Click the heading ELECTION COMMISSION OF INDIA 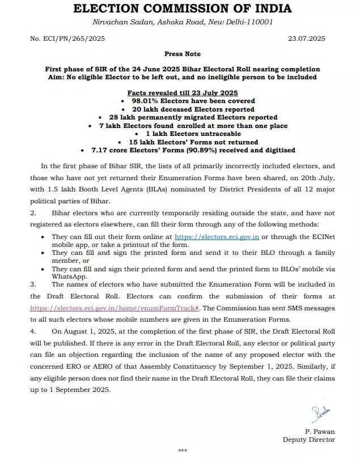click(182, 8)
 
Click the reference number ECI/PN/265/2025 click(67, 39)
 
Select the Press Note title click(182, 54)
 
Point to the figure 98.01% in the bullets click(146, 101)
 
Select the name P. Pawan click(320, 432)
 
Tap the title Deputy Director click(309, 439)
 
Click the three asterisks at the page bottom click(182, 451)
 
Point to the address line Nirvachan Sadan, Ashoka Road click(182, 22)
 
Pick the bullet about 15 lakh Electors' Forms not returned click(185, 142)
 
